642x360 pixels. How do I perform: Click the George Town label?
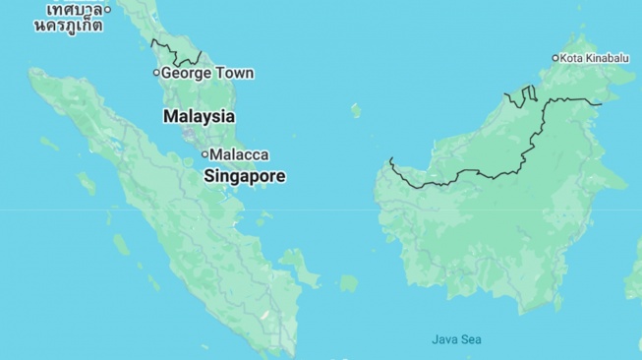[206, 73]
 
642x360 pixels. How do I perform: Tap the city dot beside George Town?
[155, 73]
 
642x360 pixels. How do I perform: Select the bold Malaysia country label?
[199, 116]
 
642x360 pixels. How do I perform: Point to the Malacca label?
[240, 154]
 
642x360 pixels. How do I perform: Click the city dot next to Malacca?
[204, 154]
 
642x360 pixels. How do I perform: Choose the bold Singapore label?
[245, 177]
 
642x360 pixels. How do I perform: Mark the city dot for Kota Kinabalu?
[555, 58]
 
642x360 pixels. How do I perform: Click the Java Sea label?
[456, 339]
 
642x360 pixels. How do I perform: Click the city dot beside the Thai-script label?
[108, 10]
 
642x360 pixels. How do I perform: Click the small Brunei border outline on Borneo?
[521, 95]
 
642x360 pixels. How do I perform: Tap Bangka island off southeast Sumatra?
[295, 264]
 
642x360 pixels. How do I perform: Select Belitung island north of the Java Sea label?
[348, 283]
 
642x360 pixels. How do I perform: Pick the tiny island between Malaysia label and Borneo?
[355, 110]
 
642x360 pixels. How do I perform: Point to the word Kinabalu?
[607, 58]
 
